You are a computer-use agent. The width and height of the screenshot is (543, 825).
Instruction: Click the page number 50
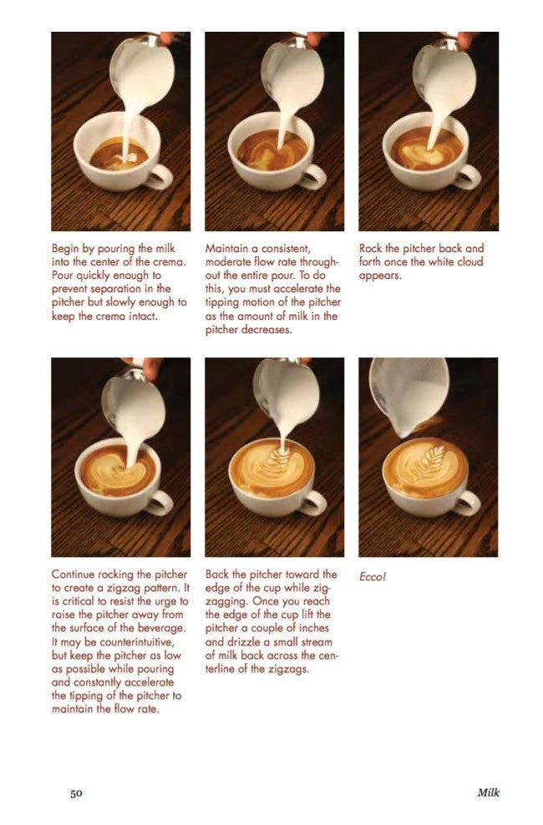click(74, 792)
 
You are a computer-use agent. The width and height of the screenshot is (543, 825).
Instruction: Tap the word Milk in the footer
click(488, 792)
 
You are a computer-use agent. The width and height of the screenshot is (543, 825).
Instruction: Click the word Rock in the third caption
click(372, 249)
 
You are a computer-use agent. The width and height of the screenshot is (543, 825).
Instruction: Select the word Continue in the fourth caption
click(75, 574)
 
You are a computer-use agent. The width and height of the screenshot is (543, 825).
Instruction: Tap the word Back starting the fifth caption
click(219, 574)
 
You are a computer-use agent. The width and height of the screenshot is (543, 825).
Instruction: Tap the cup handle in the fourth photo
click(160, 502)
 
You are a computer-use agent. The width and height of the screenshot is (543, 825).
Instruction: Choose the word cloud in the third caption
click(467, 261)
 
